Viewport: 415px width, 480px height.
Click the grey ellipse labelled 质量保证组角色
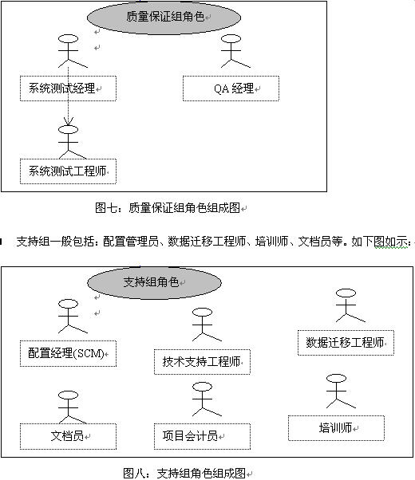click(x=164, y=18)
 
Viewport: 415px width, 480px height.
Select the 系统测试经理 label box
click(x=68, y=89)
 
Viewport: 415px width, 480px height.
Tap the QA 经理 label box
click(x=231, y=89)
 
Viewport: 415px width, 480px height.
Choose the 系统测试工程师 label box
click(x=68, y=171)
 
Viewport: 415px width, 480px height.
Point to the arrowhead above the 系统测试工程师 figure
click(x=68, y=121)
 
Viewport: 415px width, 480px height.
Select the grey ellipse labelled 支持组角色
click(x=155, y=282)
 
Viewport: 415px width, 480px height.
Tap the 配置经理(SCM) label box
click(x=68, y=353)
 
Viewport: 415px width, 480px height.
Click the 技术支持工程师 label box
click(x=202, y=362)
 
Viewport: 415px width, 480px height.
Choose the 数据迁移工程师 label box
click(x=346, y=343)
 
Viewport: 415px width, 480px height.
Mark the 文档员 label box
click(x=68, y=436)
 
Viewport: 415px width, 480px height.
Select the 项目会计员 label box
click(x=202, y=436)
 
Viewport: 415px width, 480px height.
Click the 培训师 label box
click(x=336, y=428)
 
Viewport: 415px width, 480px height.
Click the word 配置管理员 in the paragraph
click(x=131, y=242)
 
